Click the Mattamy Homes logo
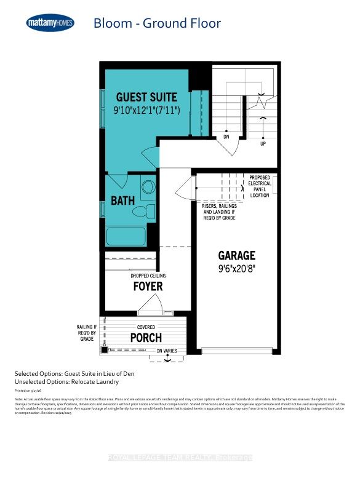51,23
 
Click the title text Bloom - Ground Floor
156,24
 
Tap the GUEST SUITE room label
147,97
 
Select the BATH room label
122,201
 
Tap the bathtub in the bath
126,237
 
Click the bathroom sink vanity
148,186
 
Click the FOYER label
148,287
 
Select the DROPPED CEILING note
148,276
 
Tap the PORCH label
146,338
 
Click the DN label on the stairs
226,138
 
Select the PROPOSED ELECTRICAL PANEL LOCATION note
259,186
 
